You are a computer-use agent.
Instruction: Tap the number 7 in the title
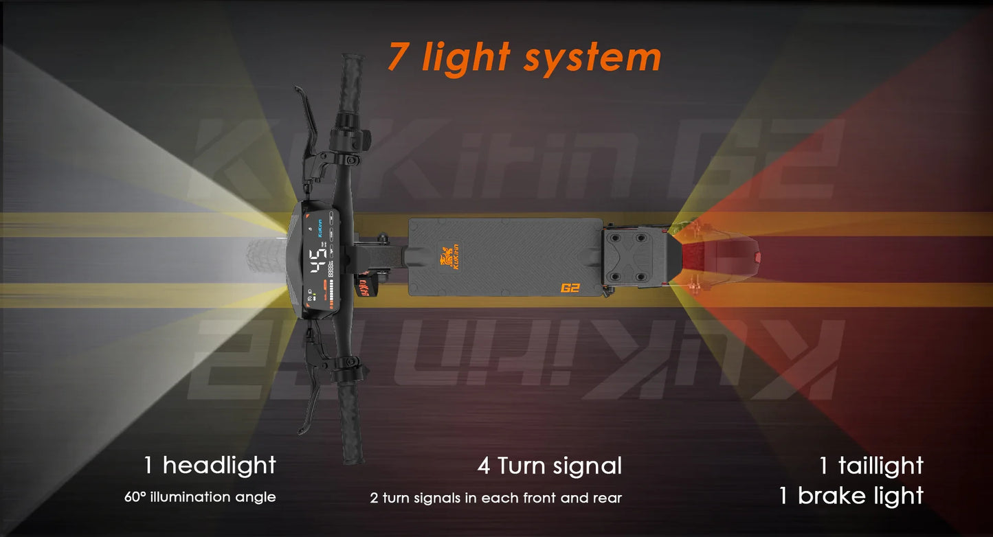coord(399,57)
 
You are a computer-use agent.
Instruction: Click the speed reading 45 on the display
coord(317,262)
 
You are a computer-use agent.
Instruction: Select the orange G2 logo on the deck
coord(570,288)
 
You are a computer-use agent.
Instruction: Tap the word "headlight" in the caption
coord(219,466)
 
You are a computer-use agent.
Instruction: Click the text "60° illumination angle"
coord(200,496)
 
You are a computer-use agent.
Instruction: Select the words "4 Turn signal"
coord(549,466)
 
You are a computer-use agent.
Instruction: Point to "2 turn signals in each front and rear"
coord(495,497)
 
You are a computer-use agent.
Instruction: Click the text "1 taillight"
coord(871,466)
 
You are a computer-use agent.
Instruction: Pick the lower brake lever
coord(307,398)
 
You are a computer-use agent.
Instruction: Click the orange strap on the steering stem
coord(362,283)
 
